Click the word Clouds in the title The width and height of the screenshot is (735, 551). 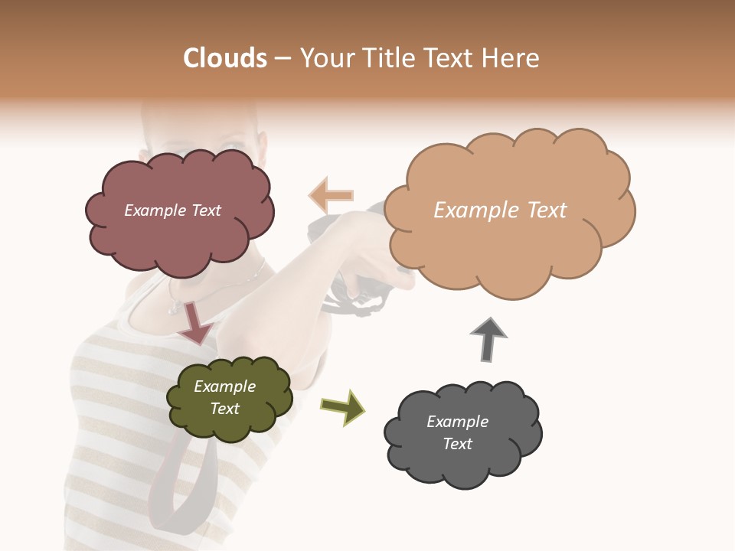[225, 58]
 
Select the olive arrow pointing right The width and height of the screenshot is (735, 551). [343, 406]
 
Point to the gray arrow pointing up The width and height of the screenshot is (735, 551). [488, 338]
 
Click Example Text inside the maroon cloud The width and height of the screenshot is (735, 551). [172, 210]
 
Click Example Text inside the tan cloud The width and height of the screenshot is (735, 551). [500, 210]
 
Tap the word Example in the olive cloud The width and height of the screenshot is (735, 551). [224, 386]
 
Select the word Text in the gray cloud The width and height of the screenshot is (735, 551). [457, 444]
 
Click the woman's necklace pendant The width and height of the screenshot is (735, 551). [175, 309]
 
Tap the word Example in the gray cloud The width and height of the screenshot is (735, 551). [457, 422]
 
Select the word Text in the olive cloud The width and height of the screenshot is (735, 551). [224, 409]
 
